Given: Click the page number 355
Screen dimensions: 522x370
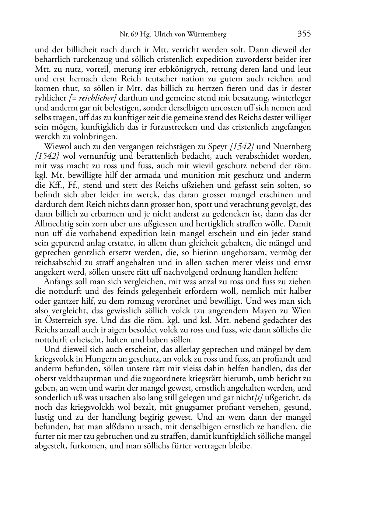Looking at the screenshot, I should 304,34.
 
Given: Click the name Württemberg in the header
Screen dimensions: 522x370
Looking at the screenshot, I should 207,35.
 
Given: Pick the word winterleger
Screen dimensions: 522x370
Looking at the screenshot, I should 292,98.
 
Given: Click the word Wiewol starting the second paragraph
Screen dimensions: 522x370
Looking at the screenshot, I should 56,147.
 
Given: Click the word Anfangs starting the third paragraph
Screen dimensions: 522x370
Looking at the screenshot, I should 58,282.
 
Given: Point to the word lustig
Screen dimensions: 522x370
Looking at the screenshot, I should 44,417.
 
